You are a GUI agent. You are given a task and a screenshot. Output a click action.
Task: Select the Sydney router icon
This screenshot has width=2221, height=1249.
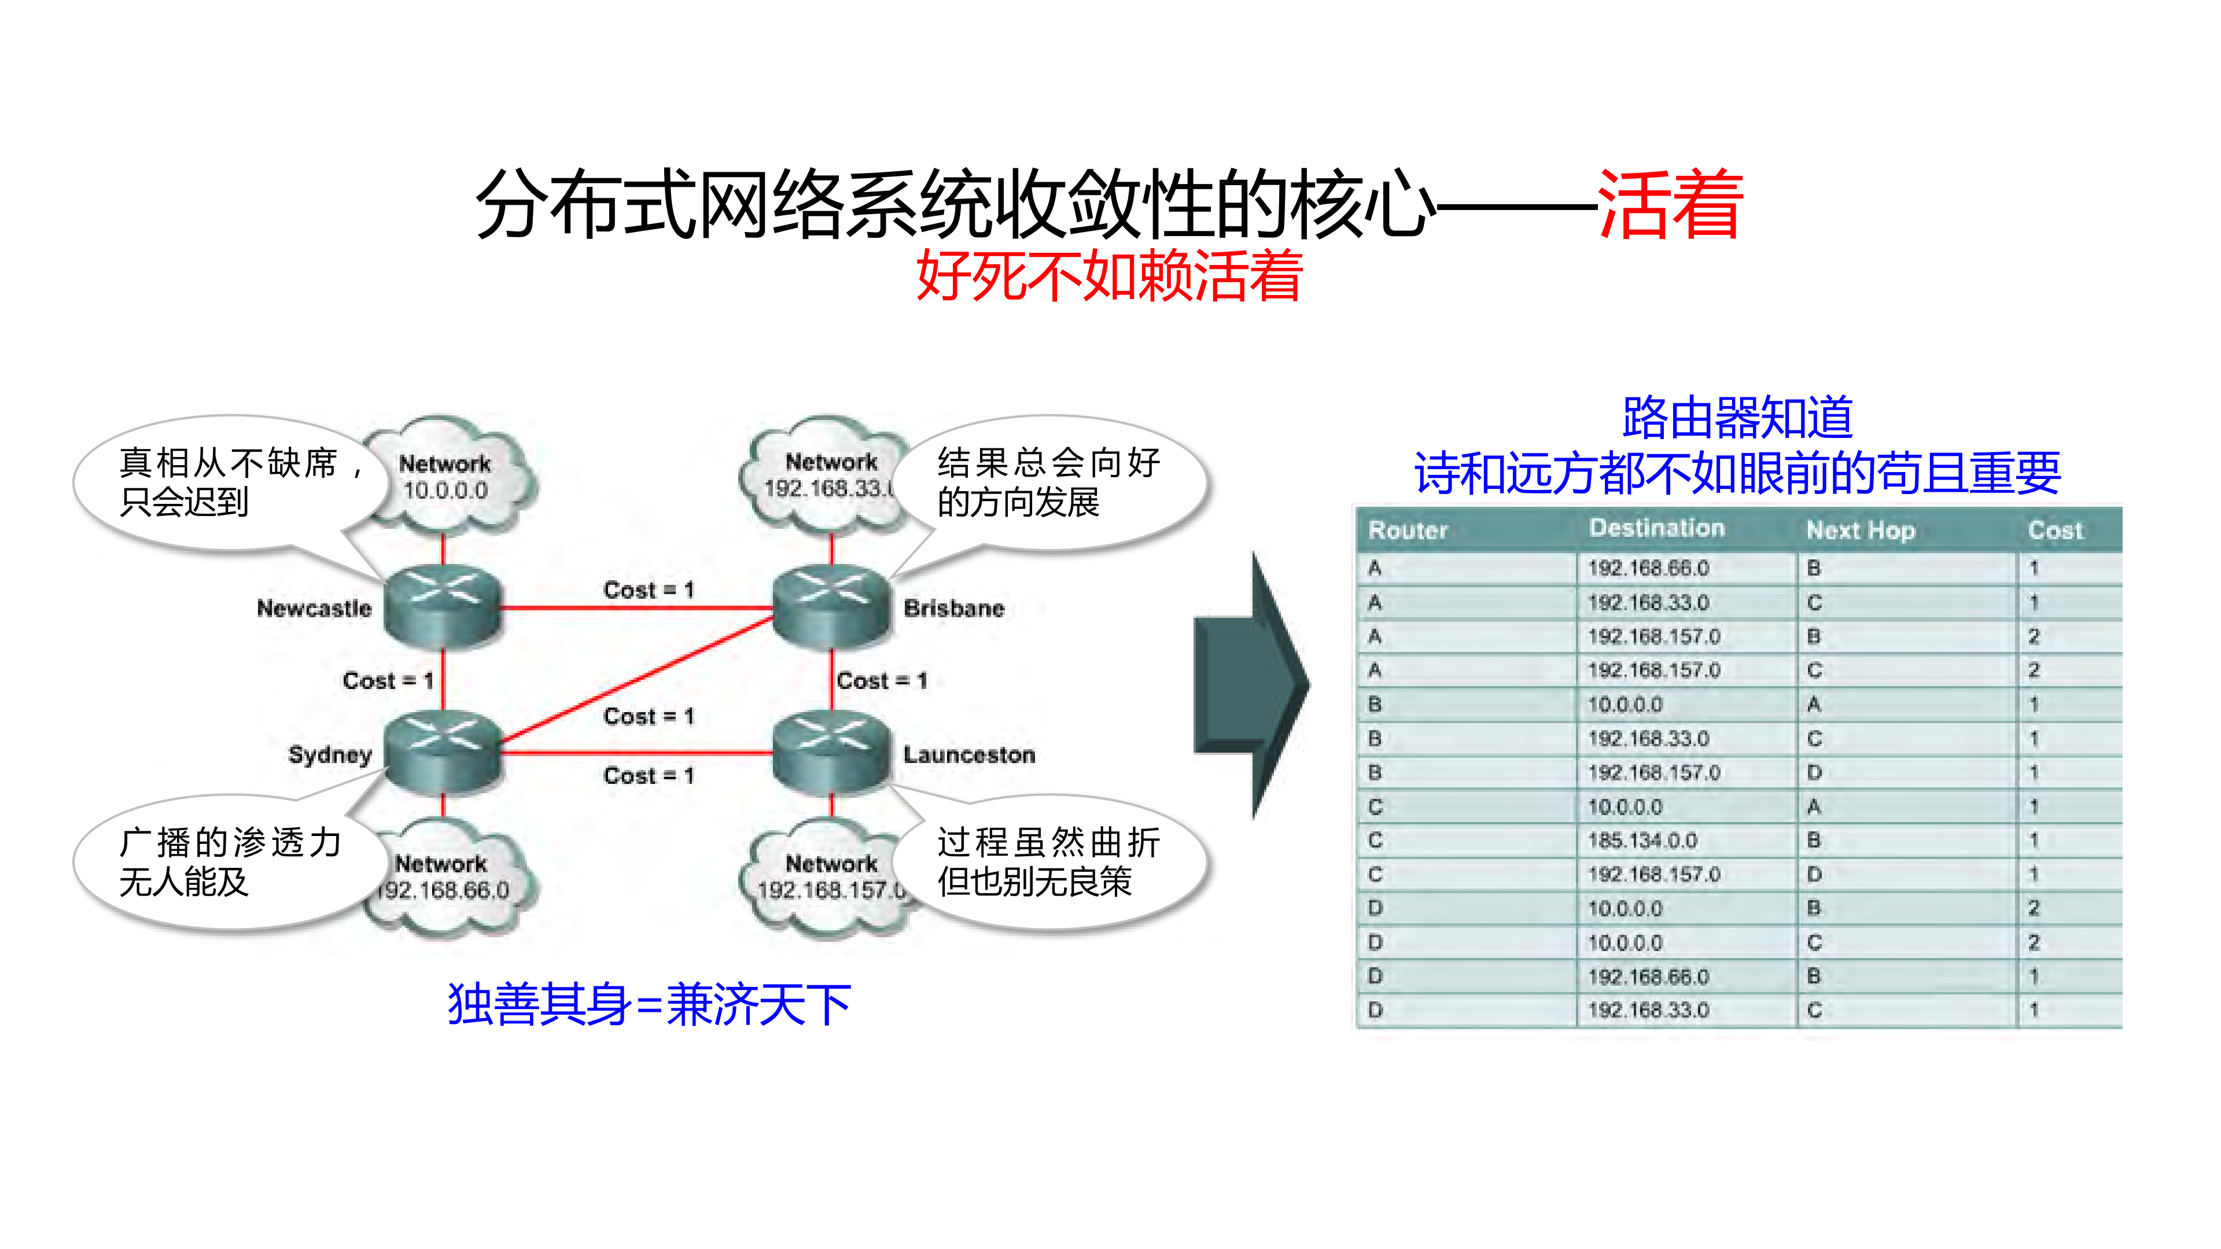(x=443, y=751)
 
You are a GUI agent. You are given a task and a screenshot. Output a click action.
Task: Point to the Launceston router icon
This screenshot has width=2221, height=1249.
(x=831, y=751)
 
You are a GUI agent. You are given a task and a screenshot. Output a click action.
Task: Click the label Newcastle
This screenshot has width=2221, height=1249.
(x=314, y=609)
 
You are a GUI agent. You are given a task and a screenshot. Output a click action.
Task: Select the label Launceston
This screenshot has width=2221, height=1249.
(x=969, y=755)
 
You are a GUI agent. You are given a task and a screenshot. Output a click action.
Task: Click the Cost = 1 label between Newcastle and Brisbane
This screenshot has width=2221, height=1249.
(x=649, y=591)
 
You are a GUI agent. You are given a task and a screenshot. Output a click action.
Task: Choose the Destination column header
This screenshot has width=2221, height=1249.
(x=1656, y=528)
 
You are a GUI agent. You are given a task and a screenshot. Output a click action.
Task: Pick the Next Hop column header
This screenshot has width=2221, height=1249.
(x=1861, y=530)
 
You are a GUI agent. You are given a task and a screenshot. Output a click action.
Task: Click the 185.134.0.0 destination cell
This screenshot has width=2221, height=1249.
(x=1642, y=841)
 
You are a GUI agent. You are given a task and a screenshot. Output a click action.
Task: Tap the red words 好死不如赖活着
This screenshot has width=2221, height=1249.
(x=1109, y=276)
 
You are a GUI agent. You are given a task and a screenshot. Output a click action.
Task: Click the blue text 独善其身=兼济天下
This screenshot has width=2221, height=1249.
(x=649, y=1005)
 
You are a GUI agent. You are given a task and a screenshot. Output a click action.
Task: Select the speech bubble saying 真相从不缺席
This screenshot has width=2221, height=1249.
(x=229, y=482)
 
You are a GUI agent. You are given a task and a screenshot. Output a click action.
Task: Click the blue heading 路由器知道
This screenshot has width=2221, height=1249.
(x=1737, y=418)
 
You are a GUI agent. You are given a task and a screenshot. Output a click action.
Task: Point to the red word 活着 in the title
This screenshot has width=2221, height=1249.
(x=1670, y=204)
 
